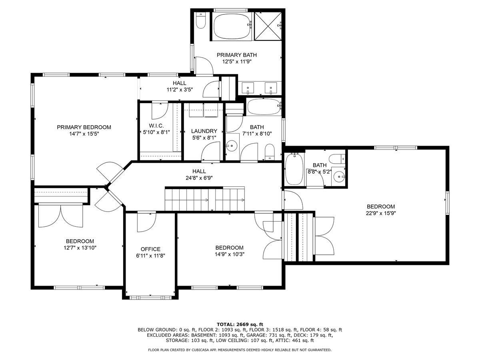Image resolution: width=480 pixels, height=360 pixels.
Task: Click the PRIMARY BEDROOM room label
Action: (x=84, y=127)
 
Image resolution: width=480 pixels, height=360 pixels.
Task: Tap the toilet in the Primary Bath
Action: (x=201, y=20)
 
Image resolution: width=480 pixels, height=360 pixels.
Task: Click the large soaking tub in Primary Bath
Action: (x=232, y=26)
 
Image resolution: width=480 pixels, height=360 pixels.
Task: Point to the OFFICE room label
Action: (x=150, y=249)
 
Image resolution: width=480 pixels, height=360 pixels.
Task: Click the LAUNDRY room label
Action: (x=204, y=131)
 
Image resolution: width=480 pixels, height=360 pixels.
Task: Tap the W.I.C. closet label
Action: (x=153, y=126)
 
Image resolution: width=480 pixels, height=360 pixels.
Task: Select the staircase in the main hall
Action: (x=204, y=199)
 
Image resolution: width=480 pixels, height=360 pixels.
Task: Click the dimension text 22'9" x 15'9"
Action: (x=381, y=213)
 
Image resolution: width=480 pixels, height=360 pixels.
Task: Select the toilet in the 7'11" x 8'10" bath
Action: (x=270, y=152)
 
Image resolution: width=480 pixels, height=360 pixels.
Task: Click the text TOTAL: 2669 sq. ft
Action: (x=240, y=324)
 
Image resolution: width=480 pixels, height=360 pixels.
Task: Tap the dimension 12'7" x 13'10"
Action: (x=80, y=248)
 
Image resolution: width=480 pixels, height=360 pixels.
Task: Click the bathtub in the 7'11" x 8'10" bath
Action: (x=263, y=107)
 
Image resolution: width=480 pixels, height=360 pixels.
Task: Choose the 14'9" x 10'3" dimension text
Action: (x=229, y=254)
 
